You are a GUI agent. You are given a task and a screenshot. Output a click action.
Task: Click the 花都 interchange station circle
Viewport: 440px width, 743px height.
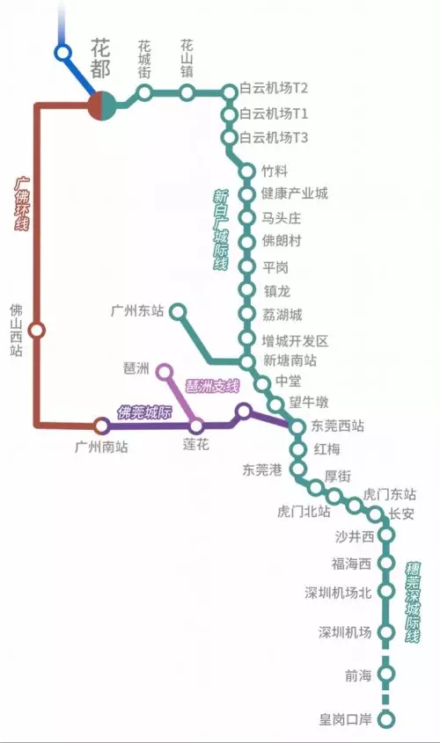[102, 106]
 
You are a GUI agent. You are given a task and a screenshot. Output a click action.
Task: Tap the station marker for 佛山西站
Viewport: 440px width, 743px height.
[36, 330]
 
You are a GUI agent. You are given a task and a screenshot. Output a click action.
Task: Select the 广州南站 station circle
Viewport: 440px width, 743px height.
[101, 426]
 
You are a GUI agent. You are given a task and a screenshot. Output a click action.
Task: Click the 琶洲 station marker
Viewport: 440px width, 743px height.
[165, 371]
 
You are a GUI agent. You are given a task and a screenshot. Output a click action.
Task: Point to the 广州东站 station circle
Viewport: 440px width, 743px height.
[178, 312]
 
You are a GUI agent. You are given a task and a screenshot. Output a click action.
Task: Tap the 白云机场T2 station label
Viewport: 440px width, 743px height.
[274, 88]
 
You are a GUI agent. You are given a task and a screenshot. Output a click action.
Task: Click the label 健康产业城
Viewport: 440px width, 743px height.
[295, 193]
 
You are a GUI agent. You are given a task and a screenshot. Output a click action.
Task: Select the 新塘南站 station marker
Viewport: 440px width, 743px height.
[246, 362]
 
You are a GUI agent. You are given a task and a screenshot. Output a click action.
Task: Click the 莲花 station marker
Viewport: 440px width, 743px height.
[196, 426]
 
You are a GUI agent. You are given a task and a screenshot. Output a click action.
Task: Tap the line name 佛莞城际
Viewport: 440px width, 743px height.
[144, 412]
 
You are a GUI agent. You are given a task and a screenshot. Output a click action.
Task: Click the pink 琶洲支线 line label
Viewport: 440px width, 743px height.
[212, 387]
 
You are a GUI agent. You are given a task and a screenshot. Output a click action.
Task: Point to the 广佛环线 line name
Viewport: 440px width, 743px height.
[21, 204]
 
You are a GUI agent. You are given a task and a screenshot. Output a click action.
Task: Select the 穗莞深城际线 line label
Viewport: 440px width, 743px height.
[413, 601]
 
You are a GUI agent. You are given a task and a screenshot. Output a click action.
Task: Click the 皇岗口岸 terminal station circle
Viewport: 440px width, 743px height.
[387, 719]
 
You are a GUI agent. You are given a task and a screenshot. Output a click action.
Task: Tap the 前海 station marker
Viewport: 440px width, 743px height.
[387, 674]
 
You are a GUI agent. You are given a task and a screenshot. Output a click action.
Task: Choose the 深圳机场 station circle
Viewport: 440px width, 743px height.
[387, 631]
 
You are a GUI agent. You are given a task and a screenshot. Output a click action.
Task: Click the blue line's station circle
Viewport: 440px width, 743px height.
[62, 52]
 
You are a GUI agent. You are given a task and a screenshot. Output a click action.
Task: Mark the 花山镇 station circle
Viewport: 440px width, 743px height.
[187, 92]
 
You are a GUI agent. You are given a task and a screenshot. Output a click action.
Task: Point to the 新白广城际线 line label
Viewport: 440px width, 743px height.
[221, 229]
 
